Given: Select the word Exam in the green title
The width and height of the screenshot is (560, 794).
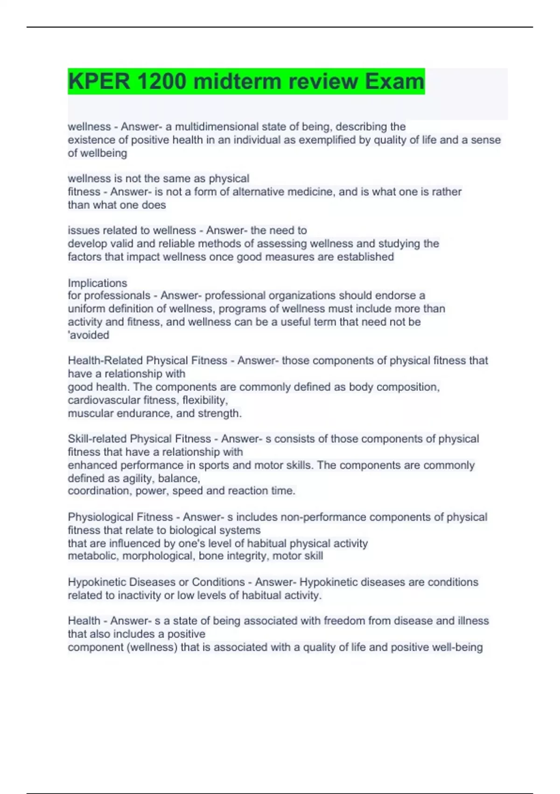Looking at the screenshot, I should [x=394, y=81].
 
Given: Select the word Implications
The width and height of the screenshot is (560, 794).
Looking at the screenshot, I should [x=98, y=283].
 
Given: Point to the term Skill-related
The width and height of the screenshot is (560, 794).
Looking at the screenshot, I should [x=98, y=439].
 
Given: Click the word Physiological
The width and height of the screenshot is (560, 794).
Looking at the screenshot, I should [x=97, y=517].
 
